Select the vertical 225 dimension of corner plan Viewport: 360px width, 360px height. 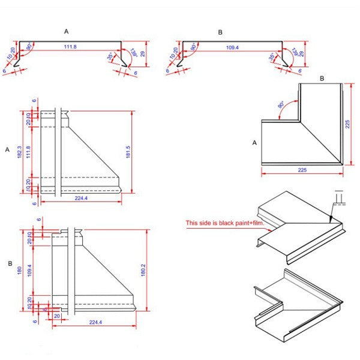[347, 124]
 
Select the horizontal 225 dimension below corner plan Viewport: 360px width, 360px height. [302, 170]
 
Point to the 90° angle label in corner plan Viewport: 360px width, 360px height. [281, 105]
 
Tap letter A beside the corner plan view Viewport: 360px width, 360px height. [254, 143]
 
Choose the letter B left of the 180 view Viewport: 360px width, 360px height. [9, 263]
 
